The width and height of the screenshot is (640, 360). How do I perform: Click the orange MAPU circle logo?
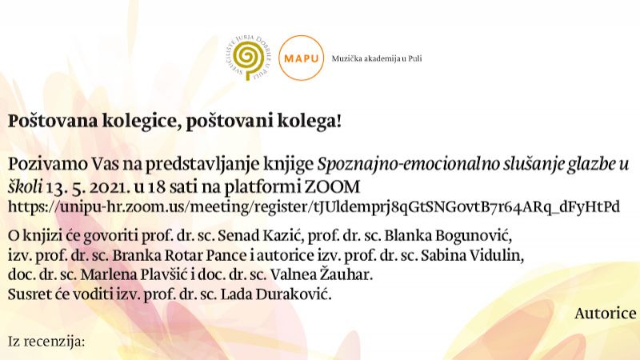coord(302,58)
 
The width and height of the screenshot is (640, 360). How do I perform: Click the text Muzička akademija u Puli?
coord(376,58)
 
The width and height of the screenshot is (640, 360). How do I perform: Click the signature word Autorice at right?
coord(605,314)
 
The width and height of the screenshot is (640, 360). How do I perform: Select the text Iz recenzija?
coord(46,342)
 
